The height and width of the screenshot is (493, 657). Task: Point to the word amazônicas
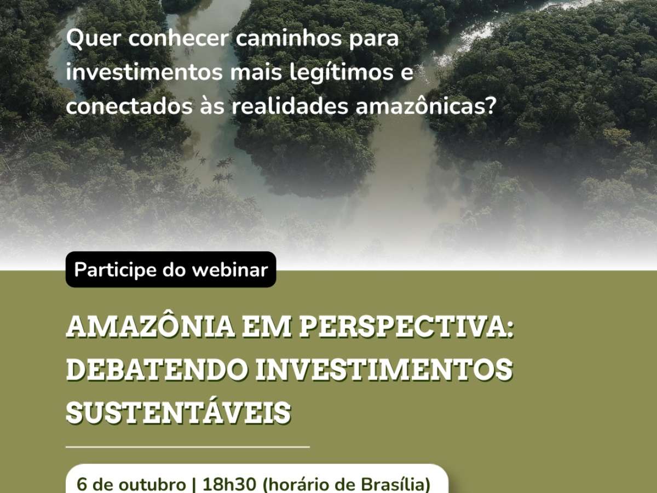pos(425,107)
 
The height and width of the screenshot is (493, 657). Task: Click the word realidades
pos(290,107)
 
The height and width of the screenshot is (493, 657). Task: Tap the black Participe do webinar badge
pos(171,270)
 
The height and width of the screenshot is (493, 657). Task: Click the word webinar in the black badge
pos(230,270)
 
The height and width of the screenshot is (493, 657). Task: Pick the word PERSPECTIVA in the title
pos(406,327)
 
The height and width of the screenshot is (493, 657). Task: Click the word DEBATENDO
pos(158,370)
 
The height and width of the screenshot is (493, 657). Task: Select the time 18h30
pos(229,484)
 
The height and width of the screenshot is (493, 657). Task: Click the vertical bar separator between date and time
pos(194,485)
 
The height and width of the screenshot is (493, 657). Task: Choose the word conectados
pos(129,107)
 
